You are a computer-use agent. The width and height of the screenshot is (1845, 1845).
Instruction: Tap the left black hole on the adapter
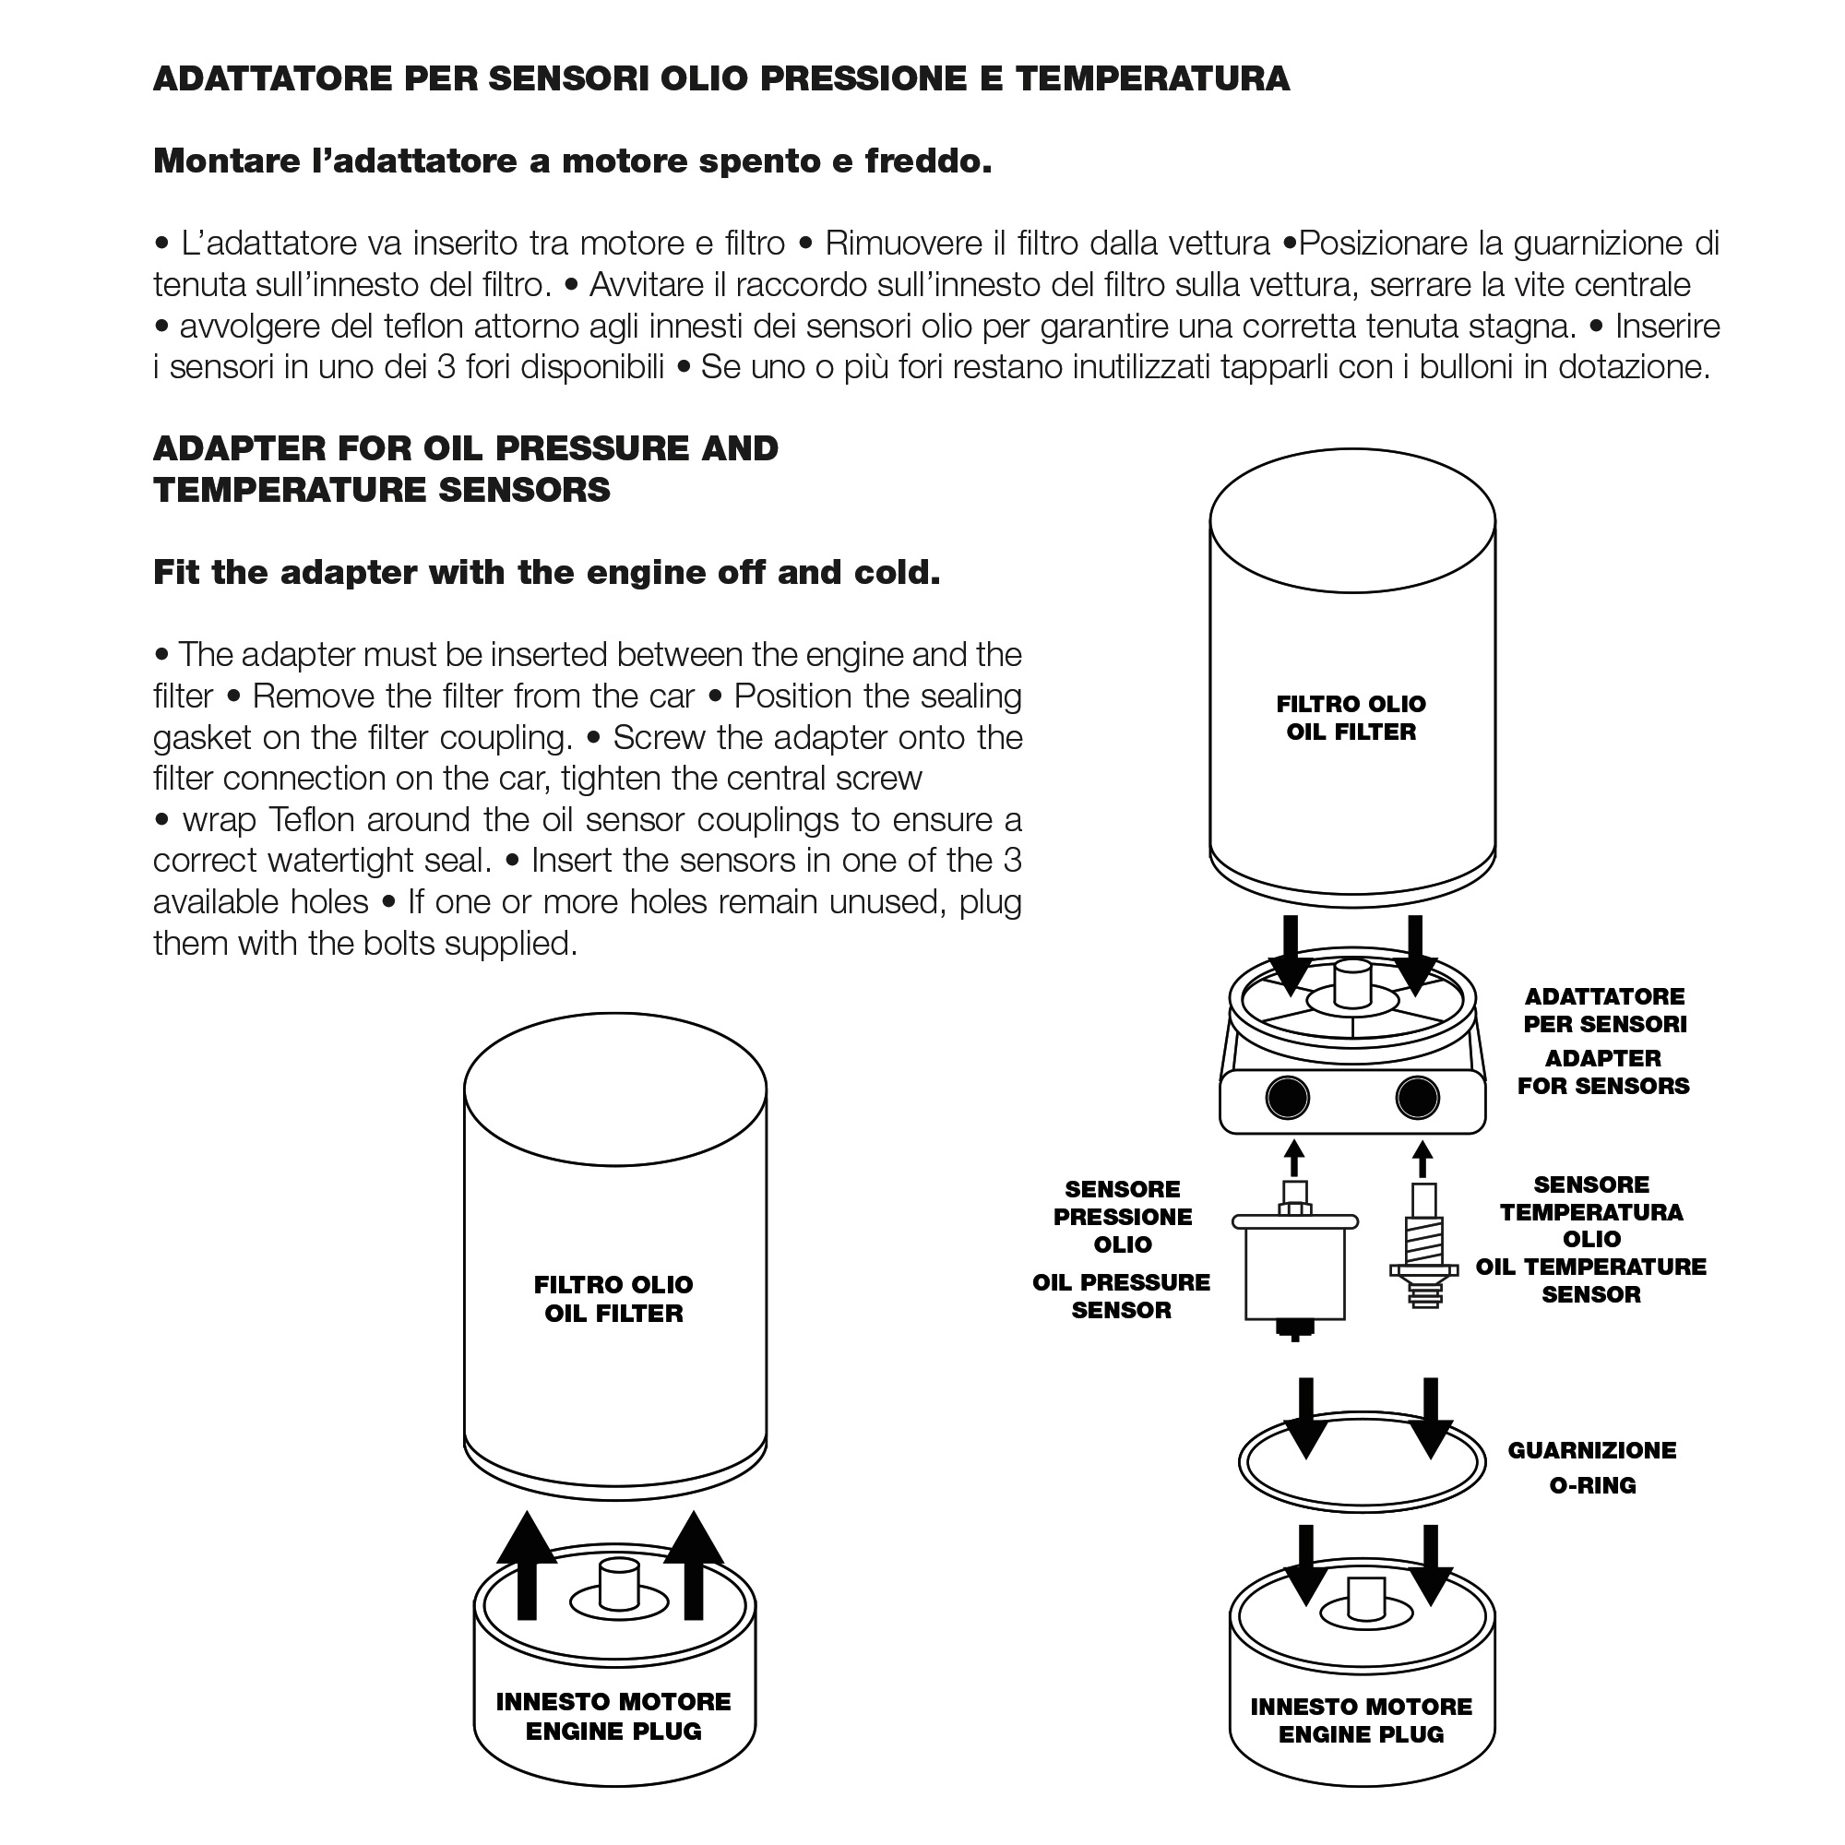tap(1287, 1098)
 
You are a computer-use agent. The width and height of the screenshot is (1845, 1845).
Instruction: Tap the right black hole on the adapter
tap(1417, 1098)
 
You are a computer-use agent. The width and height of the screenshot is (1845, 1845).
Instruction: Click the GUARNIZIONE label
tap(1592, 1449)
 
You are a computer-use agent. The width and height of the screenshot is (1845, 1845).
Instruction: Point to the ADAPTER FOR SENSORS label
tap(1603, 1071)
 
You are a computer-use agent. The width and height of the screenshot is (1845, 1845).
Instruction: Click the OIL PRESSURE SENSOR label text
tap(1121, 1296)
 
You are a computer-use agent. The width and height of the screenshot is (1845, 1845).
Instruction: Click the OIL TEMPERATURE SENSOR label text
tap(1591, 1280)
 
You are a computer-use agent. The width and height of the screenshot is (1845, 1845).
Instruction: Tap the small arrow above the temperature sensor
tap(1422, 1160)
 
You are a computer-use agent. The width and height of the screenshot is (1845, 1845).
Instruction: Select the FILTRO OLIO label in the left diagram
tap(613, 1284)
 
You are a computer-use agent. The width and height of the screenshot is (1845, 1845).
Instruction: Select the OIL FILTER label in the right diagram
tap(1351, 732)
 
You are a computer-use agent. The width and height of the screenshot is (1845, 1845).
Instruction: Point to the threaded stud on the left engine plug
tap(618, 1585)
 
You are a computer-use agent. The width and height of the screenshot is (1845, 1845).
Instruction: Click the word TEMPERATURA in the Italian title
tap(1152, 78)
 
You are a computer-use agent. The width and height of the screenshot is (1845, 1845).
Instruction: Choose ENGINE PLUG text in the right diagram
tap(1361, 1734)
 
